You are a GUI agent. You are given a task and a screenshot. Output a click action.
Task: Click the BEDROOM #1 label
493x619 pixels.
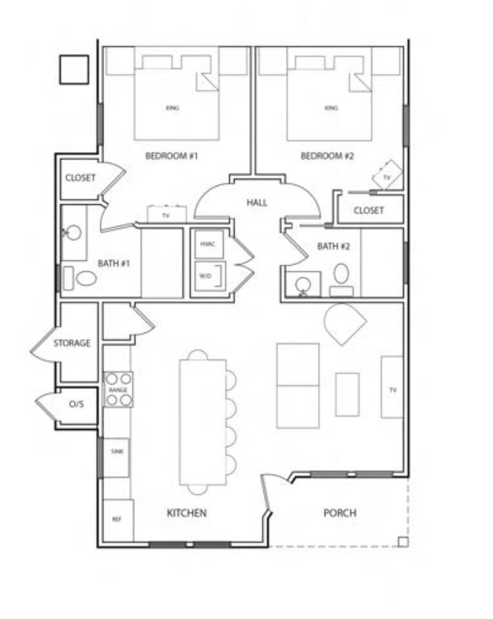click(172, 156)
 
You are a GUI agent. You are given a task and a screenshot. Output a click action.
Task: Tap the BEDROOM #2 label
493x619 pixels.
click(327, 156)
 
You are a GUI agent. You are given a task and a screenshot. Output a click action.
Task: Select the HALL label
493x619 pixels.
click(257, 203)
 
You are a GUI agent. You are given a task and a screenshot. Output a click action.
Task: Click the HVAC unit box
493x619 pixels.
click(208, 244)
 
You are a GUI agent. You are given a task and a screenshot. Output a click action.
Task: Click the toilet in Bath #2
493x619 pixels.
click(341, 279)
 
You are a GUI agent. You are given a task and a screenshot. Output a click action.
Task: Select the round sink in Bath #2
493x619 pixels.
click(303, 284)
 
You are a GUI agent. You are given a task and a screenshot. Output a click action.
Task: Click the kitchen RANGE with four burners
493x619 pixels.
click(118, 389)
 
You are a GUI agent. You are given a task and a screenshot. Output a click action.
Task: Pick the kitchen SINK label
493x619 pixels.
click(117, 451)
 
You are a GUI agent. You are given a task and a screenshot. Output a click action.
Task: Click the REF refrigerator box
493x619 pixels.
click(118, 520)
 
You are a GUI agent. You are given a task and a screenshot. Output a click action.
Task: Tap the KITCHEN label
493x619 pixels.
click(186, 513)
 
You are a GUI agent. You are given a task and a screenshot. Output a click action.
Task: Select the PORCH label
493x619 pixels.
click(339, 513)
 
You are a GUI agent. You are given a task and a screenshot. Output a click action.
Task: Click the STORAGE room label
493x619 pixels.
click(72, 343)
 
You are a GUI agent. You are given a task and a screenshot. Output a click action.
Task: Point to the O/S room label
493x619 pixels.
click(76, 404)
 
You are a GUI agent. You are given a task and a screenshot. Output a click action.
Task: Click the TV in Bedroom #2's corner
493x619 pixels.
click(387, 175)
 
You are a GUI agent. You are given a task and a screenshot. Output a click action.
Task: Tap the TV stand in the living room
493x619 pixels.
click(392, 387)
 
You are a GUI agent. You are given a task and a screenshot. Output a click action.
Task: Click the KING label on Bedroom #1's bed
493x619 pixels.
click(172, 108)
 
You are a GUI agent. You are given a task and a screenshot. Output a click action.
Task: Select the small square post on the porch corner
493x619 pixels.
click(403, 542)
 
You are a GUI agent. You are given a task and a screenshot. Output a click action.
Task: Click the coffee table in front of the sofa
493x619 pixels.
click(347, 395)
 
